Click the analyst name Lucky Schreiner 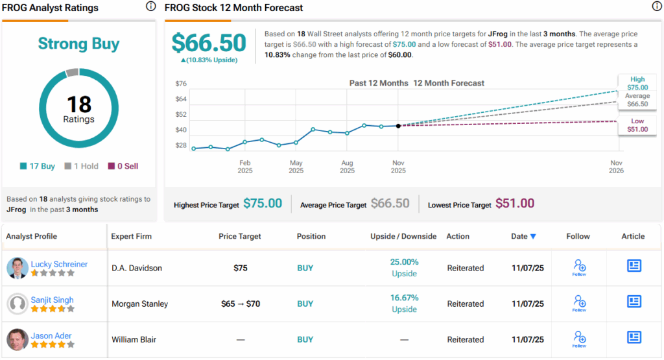click(59, 264)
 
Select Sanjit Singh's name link click(53, 300)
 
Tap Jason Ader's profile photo click(18, 339)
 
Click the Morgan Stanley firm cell click(140, 304)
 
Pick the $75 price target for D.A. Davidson click(241, 268)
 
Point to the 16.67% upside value click(404, 298)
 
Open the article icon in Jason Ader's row click(634, 337)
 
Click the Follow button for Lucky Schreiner click(579, 267)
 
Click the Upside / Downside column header click(403, 236)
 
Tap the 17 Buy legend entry click(38, 166)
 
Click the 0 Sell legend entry click(123, 166)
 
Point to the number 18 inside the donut click(78, 104)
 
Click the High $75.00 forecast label click(637, 83)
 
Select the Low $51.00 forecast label click(637, 125)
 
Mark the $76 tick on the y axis click(181, 84)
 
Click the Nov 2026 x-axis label click(616, 167)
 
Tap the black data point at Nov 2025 click(398, 126)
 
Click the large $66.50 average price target click(209, 43)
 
